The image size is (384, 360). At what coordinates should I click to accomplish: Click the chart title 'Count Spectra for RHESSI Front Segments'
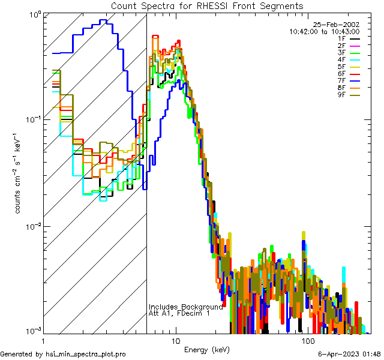point(207,5)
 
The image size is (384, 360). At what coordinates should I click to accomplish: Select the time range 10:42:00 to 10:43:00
point(325,31)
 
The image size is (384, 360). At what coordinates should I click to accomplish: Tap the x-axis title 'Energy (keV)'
point(207,349)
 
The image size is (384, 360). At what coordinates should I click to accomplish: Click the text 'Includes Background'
point(185,307)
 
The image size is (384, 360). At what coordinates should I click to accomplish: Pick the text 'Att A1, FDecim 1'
point(179,314)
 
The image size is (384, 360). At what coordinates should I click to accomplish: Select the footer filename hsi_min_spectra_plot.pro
point(86,355)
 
